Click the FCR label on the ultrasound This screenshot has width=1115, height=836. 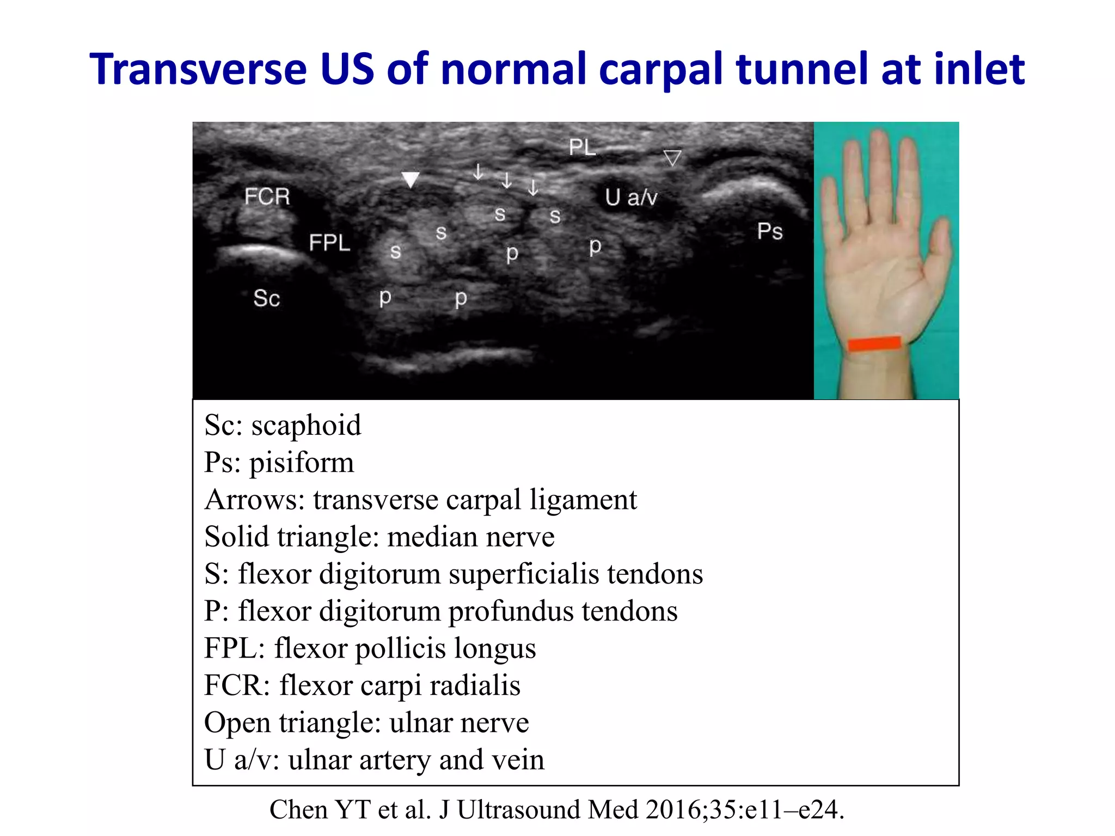tap(267, 196)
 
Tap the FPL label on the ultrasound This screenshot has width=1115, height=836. tap(329, 243)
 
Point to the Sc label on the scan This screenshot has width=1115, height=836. tap(266, 298)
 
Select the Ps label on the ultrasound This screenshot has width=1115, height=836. tap(769, 232)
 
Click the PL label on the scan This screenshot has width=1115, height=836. tap(582, 147)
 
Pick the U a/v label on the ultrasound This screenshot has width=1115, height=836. tap(631, 197)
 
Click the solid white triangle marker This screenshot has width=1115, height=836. tap(410, 179)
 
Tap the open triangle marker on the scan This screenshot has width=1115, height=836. tap(672, 158)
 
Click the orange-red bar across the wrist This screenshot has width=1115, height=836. tap(874, 344)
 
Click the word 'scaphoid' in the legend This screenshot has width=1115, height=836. tap(306, 425)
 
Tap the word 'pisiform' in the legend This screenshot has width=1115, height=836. tap(302, 463)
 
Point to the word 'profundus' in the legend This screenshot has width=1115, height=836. tap(511, 611)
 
